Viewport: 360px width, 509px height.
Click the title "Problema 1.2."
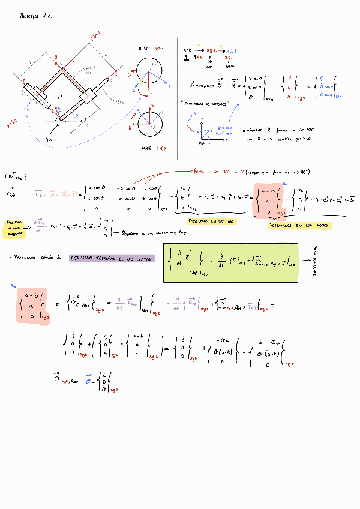click(36, 17)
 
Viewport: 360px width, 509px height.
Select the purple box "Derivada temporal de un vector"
click(112, 258)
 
